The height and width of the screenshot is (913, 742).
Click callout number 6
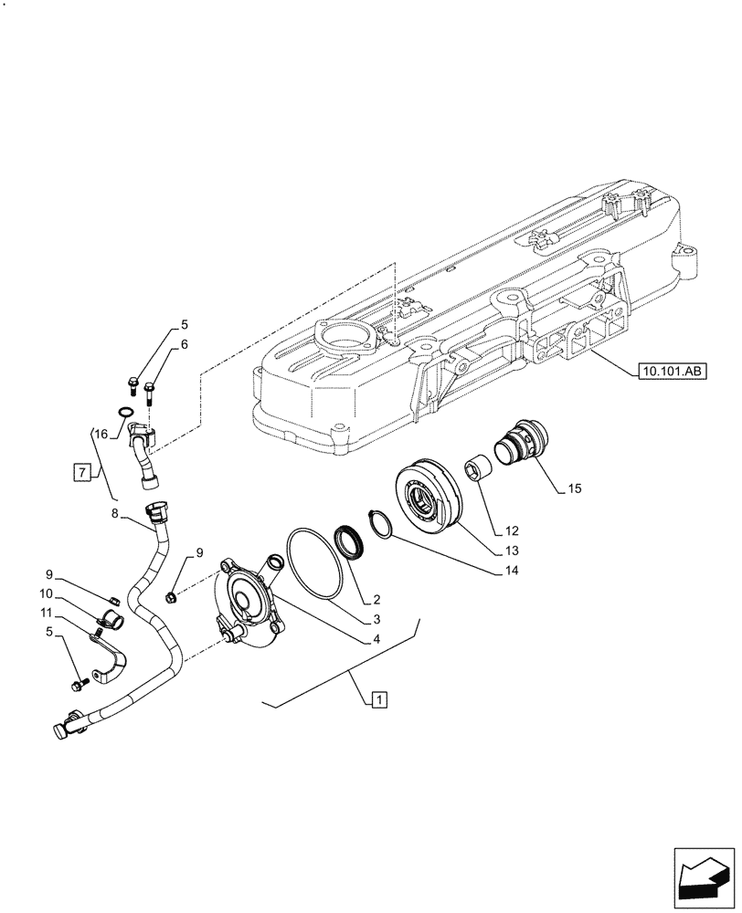click(x=184, y=344)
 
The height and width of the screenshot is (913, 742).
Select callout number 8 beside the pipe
click(x=114, y=515)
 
